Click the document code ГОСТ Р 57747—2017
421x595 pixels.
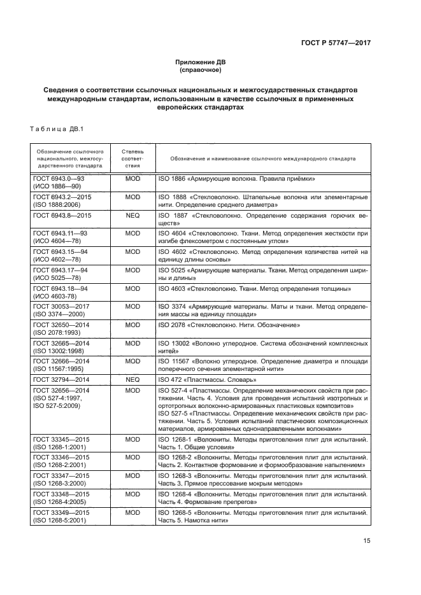coord(335,43)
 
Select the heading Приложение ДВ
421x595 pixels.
coord(201,62)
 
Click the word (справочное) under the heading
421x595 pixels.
coord(201,69)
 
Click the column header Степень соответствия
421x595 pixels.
coord(132,158)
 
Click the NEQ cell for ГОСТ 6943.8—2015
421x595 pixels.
coord(132,216)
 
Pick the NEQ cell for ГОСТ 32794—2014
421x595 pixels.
coord(132,379)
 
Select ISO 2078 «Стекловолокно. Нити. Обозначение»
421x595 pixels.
coord(229,325)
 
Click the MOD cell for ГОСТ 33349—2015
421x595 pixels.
coord(132,513)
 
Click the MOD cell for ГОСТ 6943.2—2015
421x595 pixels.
coord(132,197)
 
